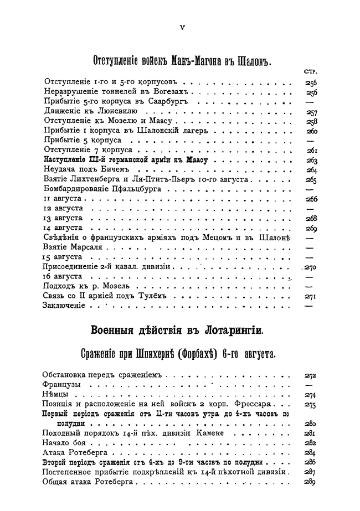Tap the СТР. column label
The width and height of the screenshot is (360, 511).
310,71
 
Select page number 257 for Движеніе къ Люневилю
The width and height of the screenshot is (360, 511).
311,112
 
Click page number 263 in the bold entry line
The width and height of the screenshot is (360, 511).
311,161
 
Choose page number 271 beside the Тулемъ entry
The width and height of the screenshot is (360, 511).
311,296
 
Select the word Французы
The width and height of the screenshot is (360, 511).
63,385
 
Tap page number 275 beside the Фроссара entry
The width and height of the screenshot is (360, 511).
311,405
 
